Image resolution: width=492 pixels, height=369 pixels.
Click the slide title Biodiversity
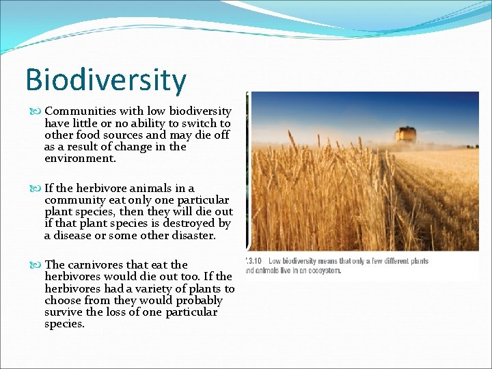tap(105, 80)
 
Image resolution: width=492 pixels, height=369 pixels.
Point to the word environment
tap(79, 159)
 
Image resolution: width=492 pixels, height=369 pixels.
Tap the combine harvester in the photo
tap(405, 135)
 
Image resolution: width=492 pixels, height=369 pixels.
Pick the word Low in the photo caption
tap(275, 261)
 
